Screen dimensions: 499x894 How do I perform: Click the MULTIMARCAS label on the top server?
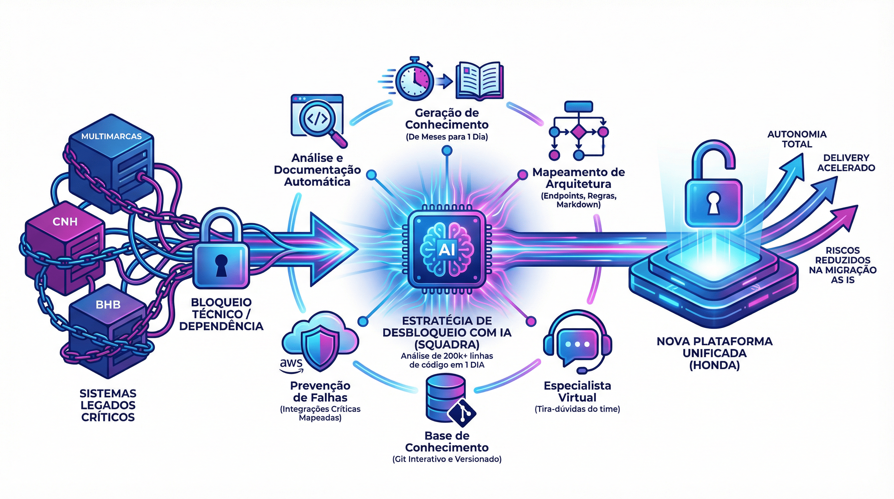coord(111,136)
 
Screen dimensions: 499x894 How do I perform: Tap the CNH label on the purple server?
coord(65,222)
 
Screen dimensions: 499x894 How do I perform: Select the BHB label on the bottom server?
coord(108,305)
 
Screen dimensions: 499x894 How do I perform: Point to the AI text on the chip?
coord(447,249)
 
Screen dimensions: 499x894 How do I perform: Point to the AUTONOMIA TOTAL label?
coord(797,139)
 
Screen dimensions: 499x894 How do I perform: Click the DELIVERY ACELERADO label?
coord(846,163)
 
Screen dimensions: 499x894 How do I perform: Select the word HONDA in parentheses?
coord(715,365)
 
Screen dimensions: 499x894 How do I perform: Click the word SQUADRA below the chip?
coord(447,344)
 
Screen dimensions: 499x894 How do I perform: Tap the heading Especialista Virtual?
coord(577,391)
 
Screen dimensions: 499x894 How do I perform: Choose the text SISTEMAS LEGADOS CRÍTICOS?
coord(108,405)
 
